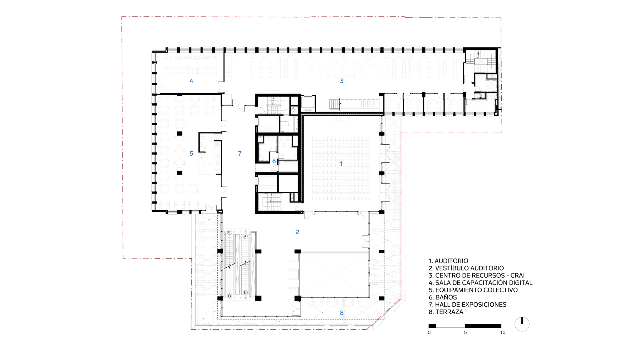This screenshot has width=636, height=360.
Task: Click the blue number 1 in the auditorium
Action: (x=341, y=164)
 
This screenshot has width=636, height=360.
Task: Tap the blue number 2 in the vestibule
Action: (x=297, y=232)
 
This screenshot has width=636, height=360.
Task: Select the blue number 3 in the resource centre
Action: (x=342, y=81)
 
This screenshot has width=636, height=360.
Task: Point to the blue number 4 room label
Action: (x=191, y=81)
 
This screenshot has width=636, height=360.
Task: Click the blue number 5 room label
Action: (x=191, y=154)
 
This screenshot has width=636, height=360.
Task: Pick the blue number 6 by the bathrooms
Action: (x=274, y=161)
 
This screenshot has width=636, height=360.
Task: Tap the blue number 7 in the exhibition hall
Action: (x=240, y=154)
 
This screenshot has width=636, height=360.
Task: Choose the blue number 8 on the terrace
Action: (x=342, y=313)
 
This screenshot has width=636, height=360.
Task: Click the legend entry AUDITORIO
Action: (x=451, y=261)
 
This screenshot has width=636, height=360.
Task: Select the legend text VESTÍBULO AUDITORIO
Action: (x=469, y=268)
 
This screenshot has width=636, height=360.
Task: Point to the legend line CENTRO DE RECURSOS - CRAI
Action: (x=480, y=276)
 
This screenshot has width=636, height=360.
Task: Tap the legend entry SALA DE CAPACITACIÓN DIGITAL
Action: (x=484, y=283)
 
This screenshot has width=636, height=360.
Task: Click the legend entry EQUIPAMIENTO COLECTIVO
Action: (x=476, y=290)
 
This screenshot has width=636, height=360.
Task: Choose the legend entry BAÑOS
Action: (x=446, y=297)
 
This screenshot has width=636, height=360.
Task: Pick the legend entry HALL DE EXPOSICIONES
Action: (x=471, y=305)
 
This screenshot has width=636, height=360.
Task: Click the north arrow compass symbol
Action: (x=522, y=324)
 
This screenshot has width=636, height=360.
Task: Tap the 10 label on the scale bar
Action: (x=503, y=332)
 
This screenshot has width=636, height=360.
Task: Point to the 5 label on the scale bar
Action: (x=465, y=332)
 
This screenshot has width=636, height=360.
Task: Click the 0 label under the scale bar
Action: (x=429, y=332)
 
